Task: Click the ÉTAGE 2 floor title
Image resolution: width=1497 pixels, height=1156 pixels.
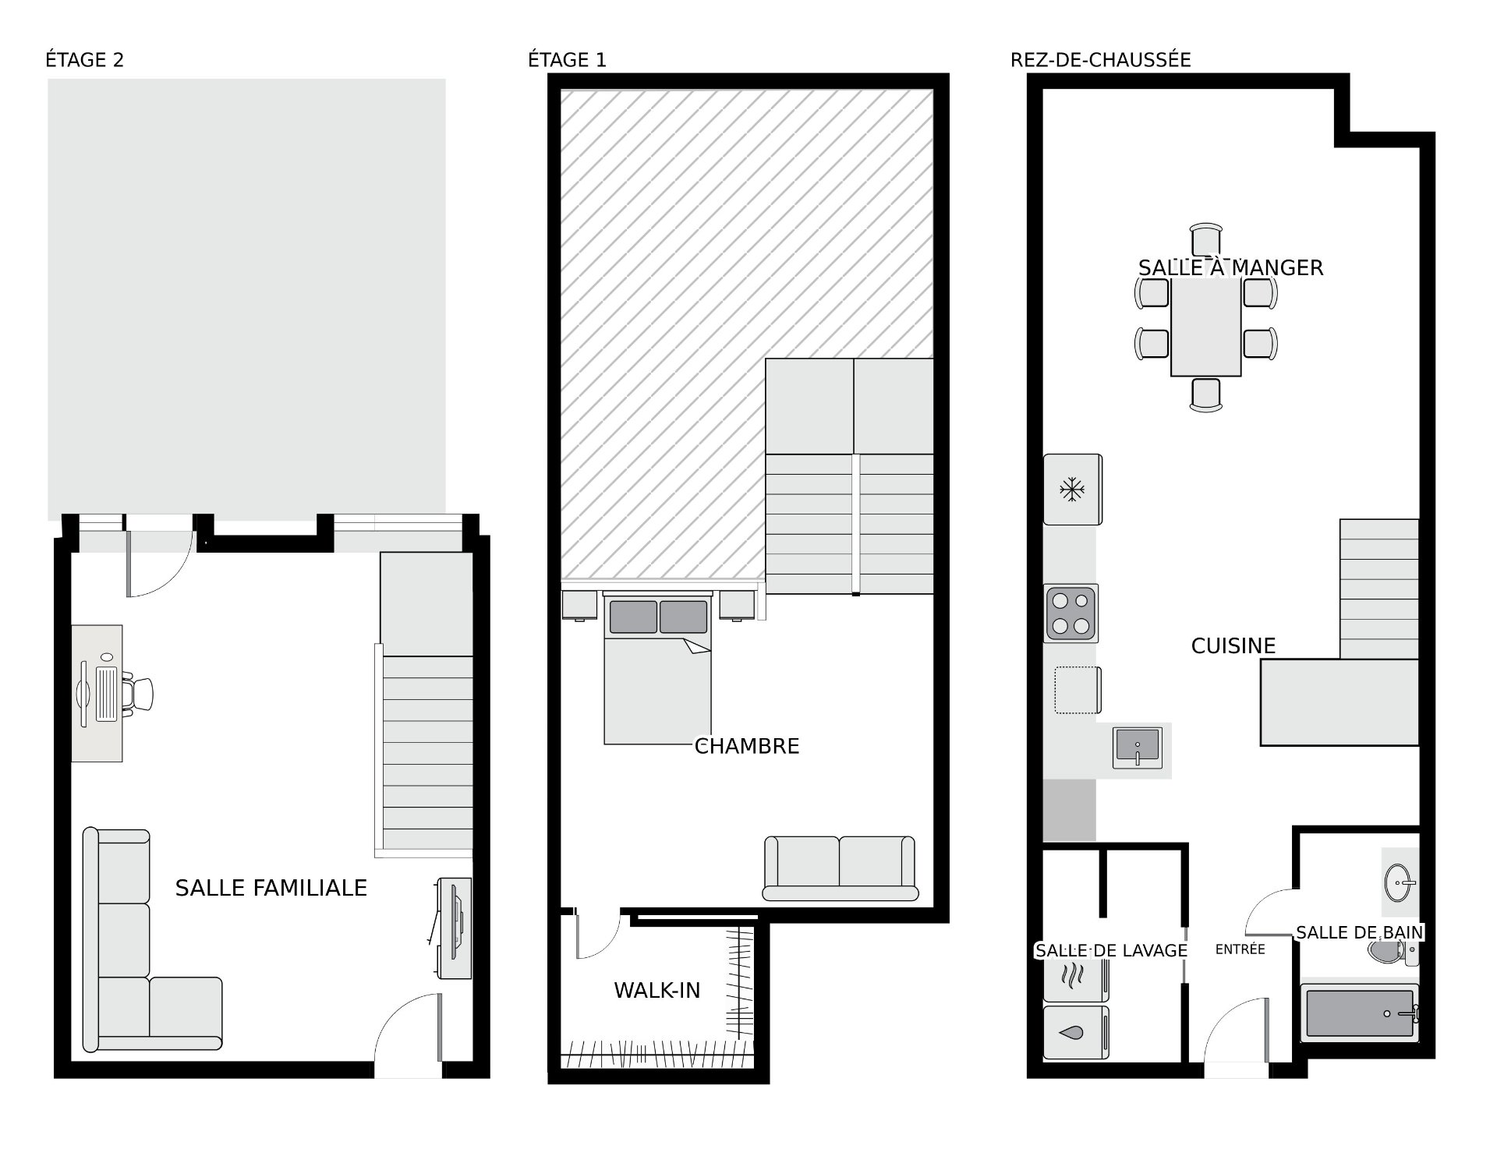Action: click(84, 60)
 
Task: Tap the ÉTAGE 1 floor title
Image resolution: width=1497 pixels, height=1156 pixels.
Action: click(567, 60)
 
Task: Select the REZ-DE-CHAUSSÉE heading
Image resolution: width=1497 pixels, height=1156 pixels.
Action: click(1100, 60)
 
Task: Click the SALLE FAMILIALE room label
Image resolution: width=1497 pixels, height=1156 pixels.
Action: click(271, 888)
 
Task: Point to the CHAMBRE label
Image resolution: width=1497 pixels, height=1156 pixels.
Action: click(747, 746)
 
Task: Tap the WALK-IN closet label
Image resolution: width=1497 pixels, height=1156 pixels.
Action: click(657, 990)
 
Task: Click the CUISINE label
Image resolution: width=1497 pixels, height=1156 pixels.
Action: click(1233, 645)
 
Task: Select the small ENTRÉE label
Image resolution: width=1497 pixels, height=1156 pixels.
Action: click(1240, 949)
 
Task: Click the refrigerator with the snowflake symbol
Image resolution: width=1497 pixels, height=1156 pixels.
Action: click(1073, 490)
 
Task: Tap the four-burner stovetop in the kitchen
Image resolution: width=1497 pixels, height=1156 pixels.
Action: click(1071, 613)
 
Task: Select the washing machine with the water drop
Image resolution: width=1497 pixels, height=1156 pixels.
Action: click(1076, 1032)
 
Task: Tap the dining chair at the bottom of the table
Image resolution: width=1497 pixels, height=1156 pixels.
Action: click(1206, 394)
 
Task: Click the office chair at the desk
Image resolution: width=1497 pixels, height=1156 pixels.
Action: click(139, 694)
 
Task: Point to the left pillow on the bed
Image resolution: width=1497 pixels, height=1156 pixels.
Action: click(633, 617)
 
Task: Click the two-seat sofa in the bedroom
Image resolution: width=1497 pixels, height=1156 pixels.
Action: click(840, 868)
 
